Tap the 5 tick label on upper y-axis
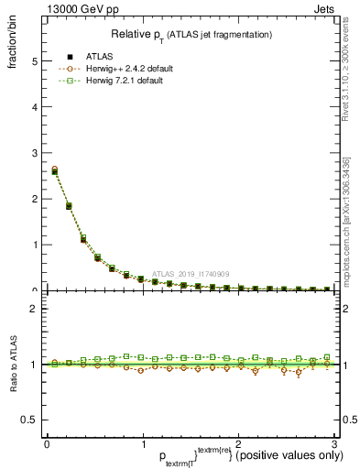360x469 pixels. (33, 61)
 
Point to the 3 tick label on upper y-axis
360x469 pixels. (33, 153)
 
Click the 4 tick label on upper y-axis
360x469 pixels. (33, 107)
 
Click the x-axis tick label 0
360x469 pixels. (47, 443)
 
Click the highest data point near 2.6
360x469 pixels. (55, 170)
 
